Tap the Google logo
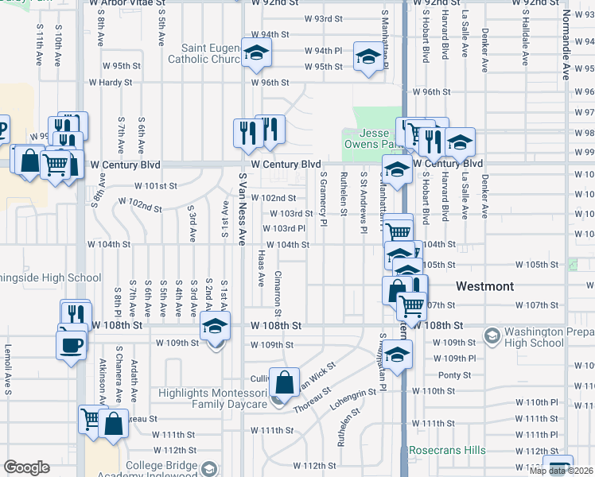[27, 468]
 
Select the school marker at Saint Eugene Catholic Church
[256, 53]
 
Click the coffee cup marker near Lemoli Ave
[71, 344]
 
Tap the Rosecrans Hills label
[446, 451]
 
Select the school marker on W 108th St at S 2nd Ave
[214, 327]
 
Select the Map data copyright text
[561, 471]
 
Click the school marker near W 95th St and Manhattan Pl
[368, 57]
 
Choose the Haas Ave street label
[261, 270]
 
